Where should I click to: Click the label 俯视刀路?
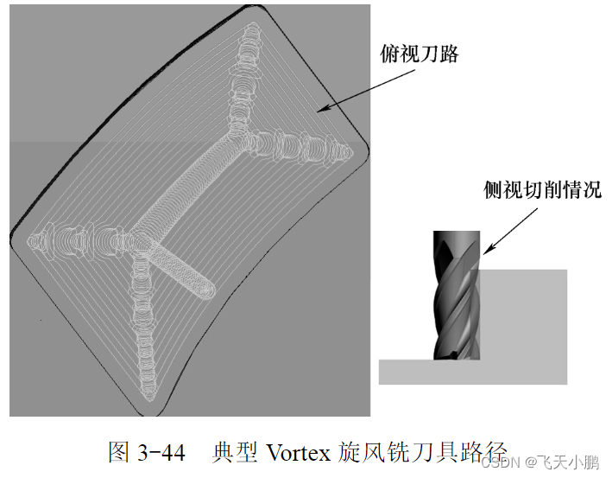pyautogui.click(x=420, y=54)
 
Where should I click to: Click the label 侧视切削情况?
pyautogui.click(x=542, y=190)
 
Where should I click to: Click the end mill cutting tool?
pyautogui.click(x=456, y=294)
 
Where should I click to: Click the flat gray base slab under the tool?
pyautogui.click(x=473, y=371)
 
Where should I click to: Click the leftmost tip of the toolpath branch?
pyautogui.click(x=33, y=236)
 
